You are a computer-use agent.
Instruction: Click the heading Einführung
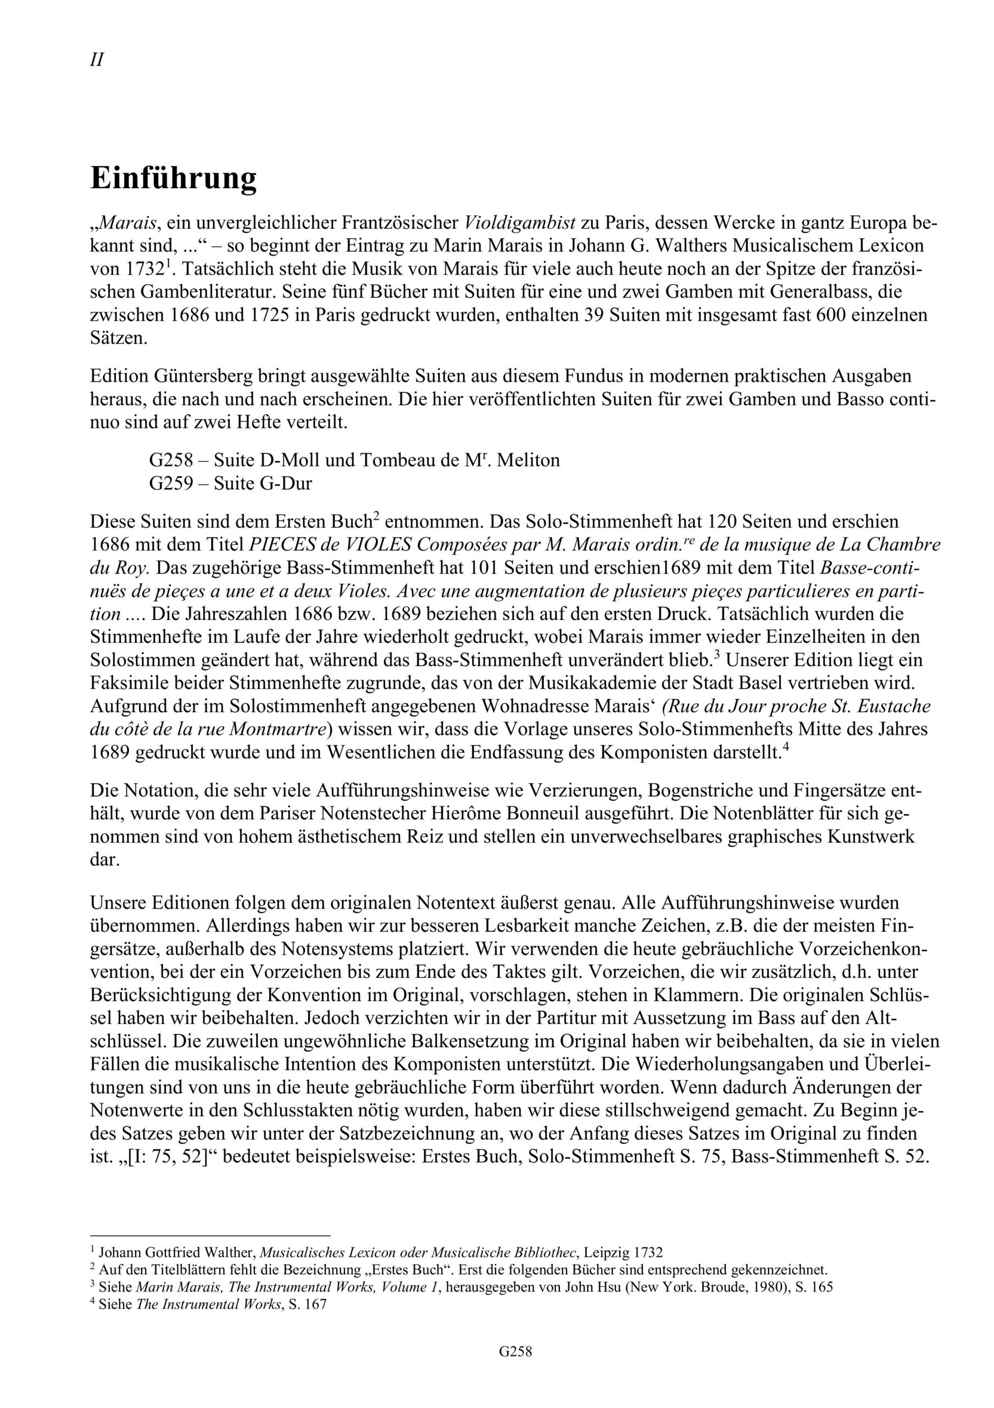[174, 178]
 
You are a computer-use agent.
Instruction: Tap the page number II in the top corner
[96, 60]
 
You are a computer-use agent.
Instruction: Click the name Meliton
[527, 460]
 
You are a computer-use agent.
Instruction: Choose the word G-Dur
[286, 483]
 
